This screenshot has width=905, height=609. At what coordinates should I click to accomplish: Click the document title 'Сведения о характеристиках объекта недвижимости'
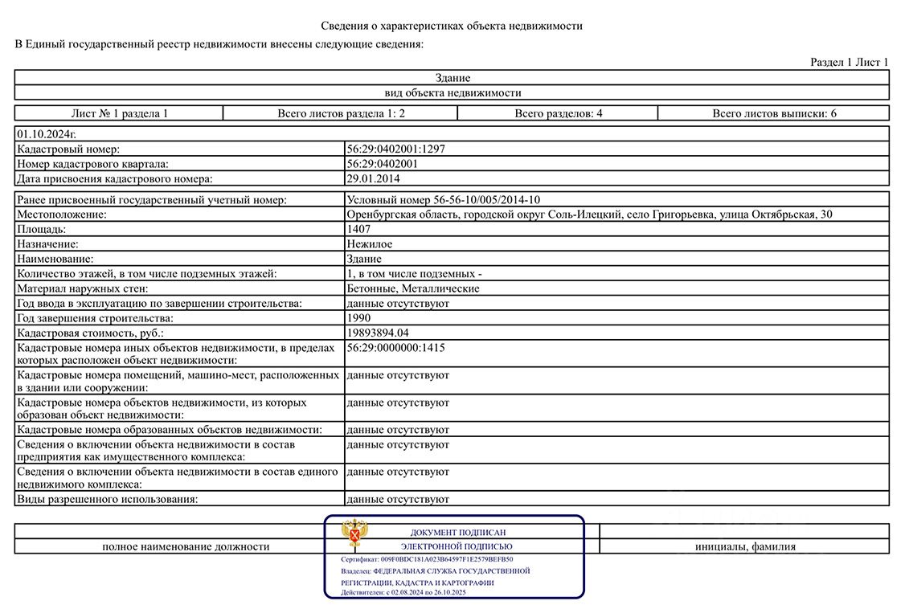point(452,26)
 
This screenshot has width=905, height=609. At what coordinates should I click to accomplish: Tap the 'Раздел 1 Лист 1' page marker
point(849,62)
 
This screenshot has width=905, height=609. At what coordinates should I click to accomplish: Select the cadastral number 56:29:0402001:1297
point(395,149)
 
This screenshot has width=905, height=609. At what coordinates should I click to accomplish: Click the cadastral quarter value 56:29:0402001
point(382,163)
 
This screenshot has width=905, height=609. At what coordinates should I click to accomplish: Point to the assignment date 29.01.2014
point(373,178)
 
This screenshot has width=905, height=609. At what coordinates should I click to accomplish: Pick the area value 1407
point(358,229)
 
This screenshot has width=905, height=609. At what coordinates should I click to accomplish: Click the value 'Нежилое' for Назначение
point(370,243)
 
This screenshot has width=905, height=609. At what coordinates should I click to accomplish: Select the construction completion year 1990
point(358,317)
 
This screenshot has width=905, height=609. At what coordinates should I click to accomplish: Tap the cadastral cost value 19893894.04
point(378,332)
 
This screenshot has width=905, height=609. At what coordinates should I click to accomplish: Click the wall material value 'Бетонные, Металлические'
point(412,288)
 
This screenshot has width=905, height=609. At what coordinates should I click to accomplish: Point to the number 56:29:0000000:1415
point(395,348)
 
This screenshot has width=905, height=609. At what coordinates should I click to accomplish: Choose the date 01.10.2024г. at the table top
point(47,134)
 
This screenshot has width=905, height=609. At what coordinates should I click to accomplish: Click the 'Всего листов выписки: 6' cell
point(774,113)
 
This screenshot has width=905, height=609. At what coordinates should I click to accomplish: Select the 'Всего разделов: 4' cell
point(559,113)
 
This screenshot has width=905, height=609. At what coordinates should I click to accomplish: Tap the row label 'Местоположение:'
point(62,215)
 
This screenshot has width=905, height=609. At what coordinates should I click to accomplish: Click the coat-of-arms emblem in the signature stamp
point(354,533)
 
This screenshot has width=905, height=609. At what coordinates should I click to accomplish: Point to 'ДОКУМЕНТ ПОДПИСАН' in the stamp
point(458,532)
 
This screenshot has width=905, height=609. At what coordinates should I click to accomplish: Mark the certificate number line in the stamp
point(427,559)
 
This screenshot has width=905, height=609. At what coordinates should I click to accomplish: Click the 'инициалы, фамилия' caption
point(745,547)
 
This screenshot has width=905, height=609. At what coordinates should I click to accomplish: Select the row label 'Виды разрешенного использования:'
point(108,499)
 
